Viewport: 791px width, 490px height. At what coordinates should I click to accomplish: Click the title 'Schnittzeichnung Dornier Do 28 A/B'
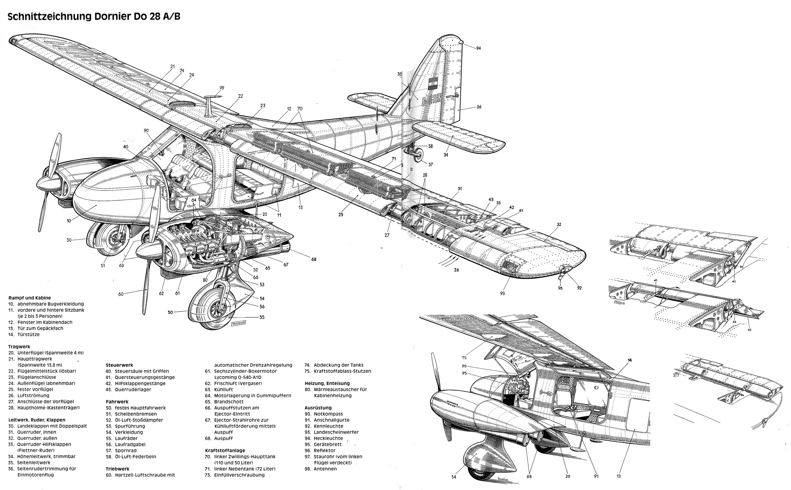94,16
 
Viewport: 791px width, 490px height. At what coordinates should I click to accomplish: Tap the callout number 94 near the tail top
478,48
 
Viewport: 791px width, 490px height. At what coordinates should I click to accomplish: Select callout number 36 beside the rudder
479,107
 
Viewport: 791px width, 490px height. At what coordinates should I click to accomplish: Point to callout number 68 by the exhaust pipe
314,259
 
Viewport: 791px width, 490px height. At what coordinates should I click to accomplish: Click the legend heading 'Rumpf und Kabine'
29,298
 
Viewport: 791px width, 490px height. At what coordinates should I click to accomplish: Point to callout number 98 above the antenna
221,88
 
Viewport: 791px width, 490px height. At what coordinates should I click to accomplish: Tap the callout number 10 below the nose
69,221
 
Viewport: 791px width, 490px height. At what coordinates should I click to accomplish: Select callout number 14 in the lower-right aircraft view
630,360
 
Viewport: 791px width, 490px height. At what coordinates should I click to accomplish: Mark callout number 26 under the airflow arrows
456,270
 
